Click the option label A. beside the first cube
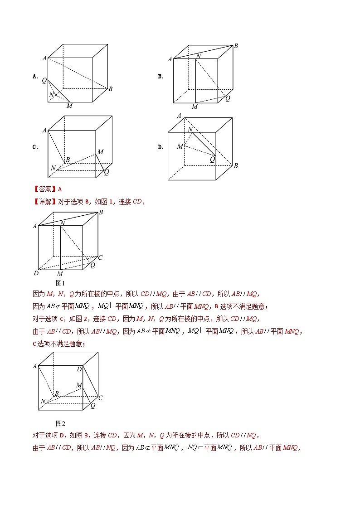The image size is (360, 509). click(x=35, y=77)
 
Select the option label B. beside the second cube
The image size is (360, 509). click(x=161, y=77)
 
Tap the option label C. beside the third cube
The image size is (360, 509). click(x=35, y=147)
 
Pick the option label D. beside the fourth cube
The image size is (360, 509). click(x=161, y=147)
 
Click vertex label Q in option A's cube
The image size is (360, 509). click(x=44, y=80)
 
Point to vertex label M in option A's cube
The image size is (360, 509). click(x=69, y=106)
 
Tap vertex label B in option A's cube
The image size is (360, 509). click(x=110, y=89)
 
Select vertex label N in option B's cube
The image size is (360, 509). click(x=198, y=56)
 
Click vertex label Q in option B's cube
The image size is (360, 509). click(x=228, y=98)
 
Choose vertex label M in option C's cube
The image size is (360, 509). click(x=100, y=152)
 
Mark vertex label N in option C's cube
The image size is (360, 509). click(x=53, y=168)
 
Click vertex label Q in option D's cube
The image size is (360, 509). click(x=212, y=159)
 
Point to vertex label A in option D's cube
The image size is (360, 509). click(x=180, y=116)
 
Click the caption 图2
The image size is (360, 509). click(x=60, y=423)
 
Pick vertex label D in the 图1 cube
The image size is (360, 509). click(x=36, y=273)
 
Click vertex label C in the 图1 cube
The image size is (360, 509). click(x=100, y=257)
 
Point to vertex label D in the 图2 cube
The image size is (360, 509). click(x=79, y=369)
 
